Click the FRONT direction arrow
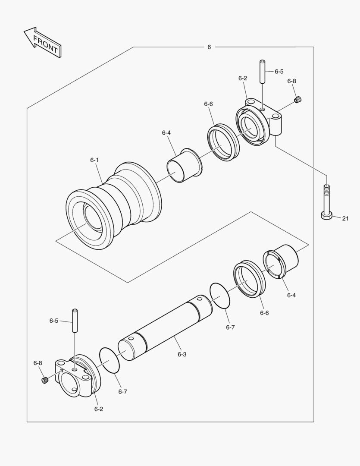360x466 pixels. (x=42, y=42)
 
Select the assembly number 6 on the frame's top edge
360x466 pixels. (x=209, y=47)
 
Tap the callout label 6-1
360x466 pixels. (x=94, y=160)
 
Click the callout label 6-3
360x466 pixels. (x=182, y=354)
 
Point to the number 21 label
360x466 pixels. (x=345, y=218)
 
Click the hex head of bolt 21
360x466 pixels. (x=327, y=214)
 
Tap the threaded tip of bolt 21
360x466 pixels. (x=327, y=188)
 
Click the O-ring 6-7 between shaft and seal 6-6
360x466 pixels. (x=220, y=296)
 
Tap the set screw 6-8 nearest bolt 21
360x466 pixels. (x=297, y=100)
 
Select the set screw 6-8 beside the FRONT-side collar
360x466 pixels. (x=44, y=380)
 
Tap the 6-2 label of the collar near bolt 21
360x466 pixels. (x=242, y=79)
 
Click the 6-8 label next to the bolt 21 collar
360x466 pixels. (x=292, y=81)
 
